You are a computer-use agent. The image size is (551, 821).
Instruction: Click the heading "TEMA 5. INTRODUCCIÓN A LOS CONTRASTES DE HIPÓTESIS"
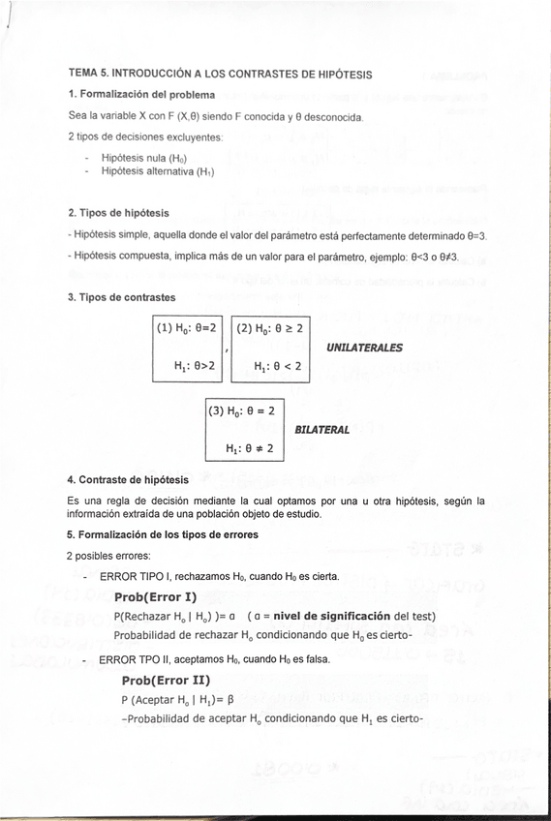(220, 74)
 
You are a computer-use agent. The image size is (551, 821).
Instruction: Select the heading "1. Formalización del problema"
(141, 95)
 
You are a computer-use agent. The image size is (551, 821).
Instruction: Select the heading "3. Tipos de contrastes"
(121, 297)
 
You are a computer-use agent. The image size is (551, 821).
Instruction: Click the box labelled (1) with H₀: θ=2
(188, 348)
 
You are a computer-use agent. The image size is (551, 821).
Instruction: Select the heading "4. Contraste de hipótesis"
(128, 480)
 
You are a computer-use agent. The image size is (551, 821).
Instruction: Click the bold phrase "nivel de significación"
(327, 617)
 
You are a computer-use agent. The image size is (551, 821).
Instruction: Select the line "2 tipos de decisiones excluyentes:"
(145, 137)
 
